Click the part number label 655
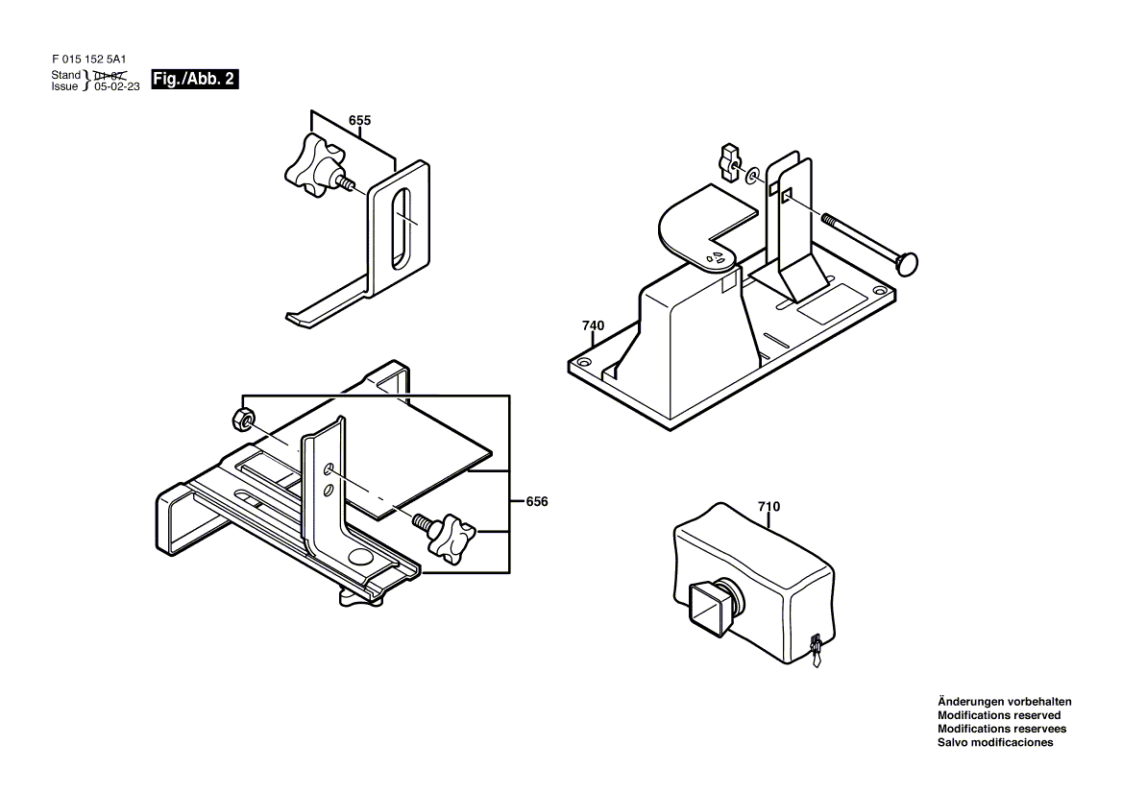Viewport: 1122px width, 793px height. coord(359,121)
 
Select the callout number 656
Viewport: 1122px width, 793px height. coord(537,502)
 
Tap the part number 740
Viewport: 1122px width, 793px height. coord(594,326)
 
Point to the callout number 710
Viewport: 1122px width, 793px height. coord(768,507)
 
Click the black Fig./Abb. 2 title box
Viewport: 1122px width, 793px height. coord(195,80)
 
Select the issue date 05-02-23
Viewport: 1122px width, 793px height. coord(117,86)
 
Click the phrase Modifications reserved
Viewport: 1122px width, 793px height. coord(999,716)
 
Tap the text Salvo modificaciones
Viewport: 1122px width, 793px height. coord(995,743)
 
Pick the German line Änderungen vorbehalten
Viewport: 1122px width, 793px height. coord(1005,702)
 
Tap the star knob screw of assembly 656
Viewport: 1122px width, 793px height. coord(445,532)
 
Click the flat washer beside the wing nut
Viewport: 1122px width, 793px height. coord(753,175)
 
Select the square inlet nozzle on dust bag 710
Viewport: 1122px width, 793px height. coord(710,607)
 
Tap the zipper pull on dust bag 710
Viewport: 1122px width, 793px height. coord(815,652)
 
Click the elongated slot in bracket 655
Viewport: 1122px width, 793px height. coord(402,228)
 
